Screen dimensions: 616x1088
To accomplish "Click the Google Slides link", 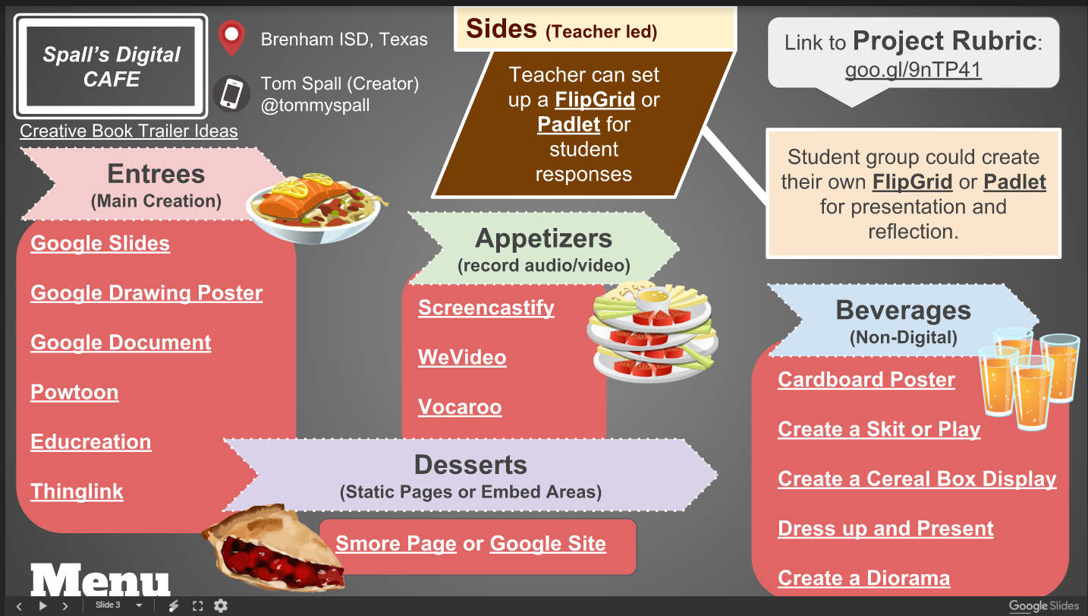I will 100,244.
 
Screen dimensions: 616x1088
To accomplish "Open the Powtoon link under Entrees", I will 74,393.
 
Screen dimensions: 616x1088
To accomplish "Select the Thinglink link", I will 77,491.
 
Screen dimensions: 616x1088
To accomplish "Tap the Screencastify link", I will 486,308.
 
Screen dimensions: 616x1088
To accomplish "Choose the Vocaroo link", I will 460,407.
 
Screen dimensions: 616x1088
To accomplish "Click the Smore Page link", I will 396,544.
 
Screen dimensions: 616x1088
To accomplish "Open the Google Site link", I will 548,544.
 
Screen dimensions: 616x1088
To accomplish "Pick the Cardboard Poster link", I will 866,380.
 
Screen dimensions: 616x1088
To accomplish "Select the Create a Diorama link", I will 863,578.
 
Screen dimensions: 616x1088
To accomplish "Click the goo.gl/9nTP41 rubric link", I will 913,70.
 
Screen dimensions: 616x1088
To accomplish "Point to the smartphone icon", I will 231,94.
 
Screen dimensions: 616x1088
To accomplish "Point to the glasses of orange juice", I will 1028,372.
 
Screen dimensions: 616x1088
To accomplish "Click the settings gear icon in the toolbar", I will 221,605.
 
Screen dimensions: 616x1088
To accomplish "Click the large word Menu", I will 100,581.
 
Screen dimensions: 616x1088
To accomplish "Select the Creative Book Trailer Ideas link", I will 129,131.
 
